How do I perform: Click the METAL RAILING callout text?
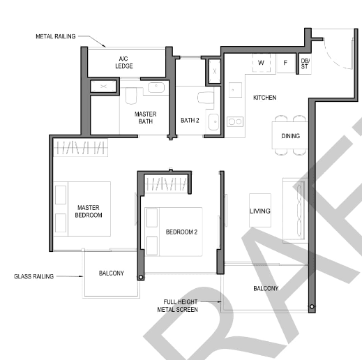point(56,36)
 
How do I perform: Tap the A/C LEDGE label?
point(124,63)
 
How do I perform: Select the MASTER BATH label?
point(145,118)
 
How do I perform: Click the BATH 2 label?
point(190,120)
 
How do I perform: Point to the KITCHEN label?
point(264,98)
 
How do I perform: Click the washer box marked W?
point(262,63)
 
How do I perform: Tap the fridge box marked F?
point(285,63)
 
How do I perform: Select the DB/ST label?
point(305,63)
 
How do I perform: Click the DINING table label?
point(291,136)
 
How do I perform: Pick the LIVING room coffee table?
point(260,210)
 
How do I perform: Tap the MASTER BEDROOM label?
point(89,211)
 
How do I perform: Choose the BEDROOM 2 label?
point(181,232)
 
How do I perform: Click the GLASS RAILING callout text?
point(33,276)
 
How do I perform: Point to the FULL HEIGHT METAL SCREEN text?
point(178,306)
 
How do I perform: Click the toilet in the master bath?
point(130,96)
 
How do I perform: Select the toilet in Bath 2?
point(206,98)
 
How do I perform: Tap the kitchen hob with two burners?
point(235,121)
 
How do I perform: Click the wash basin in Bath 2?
point(213,122)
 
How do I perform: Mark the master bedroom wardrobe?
point(80,147)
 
